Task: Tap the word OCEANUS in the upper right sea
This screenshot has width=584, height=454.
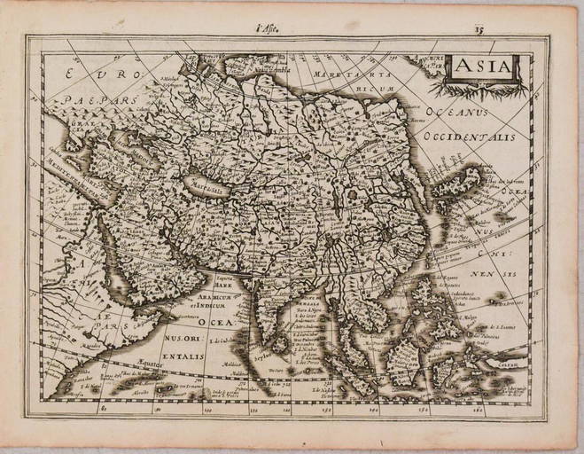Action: [458, 113]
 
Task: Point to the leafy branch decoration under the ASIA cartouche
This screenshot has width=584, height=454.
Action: [479, 89]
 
